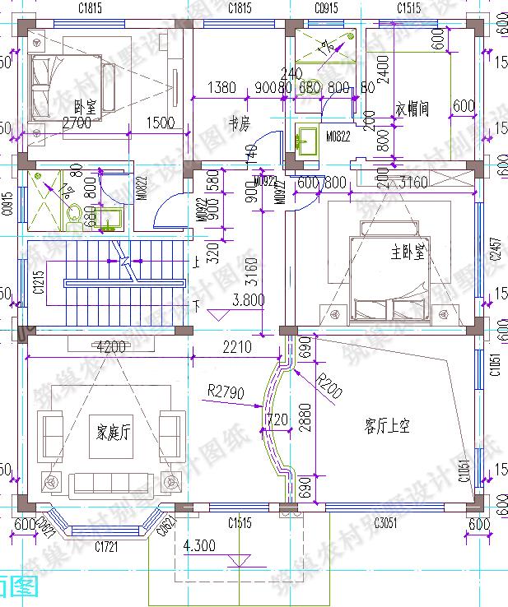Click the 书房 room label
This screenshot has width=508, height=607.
click(239, 123)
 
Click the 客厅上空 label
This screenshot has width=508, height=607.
click(387, 425)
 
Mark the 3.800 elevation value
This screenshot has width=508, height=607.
click(249, 300)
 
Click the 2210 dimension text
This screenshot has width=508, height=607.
click(236, 347)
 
